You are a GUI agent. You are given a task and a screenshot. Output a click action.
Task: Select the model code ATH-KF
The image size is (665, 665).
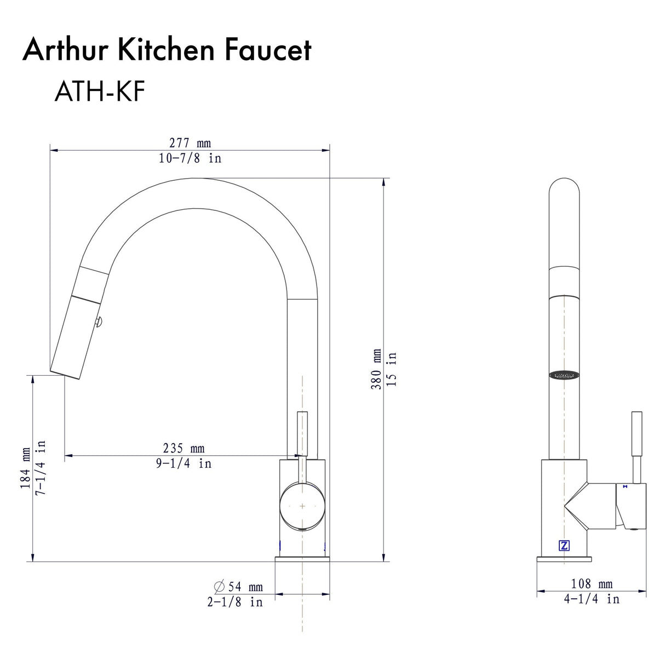point(99,91)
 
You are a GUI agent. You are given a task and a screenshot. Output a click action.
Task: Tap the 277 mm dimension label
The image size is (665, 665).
point(190,143)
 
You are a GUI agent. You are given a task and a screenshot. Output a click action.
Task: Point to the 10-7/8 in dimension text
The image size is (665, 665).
point(190,158)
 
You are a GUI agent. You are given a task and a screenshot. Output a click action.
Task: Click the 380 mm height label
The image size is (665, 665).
point(376,369)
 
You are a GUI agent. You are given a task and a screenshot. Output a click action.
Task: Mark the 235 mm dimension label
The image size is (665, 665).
point(184,449)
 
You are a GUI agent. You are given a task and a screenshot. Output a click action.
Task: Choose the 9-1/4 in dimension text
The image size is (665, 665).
point(184,463)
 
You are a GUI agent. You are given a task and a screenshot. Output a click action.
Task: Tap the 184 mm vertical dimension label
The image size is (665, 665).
point(26,468)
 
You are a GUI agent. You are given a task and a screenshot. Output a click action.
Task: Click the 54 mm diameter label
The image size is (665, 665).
point(245,587)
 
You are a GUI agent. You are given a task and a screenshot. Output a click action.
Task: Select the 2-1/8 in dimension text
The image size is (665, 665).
point(235,602)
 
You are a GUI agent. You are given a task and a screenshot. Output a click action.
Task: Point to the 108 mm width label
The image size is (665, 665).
point(592,584)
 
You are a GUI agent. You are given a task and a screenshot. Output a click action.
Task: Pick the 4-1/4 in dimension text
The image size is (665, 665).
point(592,599)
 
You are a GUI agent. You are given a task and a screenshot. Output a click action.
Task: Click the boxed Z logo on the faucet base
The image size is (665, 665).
point(564,546)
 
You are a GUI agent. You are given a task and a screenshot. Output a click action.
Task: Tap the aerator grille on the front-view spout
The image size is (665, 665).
point(564,375)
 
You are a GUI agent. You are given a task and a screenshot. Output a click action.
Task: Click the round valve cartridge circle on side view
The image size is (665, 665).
point(302,506)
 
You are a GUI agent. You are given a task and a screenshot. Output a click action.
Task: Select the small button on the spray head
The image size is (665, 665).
point(99,323)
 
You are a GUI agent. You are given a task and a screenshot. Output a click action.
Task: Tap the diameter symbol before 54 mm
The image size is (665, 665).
point(219,587)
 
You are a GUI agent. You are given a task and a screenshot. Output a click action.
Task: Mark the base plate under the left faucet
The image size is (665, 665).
point(302,559)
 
